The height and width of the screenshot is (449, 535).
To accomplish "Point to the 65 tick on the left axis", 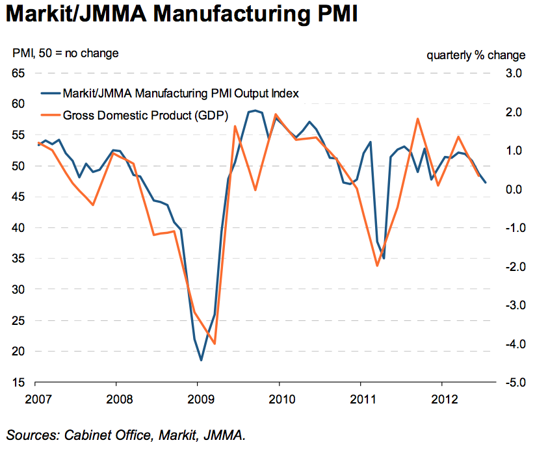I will tap(19, 73).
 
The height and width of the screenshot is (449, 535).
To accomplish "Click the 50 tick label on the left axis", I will tap(19, 166).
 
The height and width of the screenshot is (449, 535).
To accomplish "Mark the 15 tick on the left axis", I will tap(19, 383).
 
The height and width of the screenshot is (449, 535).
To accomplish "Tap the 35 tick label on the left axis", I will tap(19, 259).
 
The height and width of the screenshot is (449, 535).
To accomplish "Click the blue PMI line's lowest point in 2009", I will tap(201, 360).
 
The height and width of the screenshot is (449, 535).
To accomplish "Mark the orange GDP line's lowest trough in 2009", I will tap(215, 344).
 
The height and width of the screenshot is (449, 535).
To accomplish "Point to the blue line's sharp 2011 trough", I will tap(384, 258).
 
